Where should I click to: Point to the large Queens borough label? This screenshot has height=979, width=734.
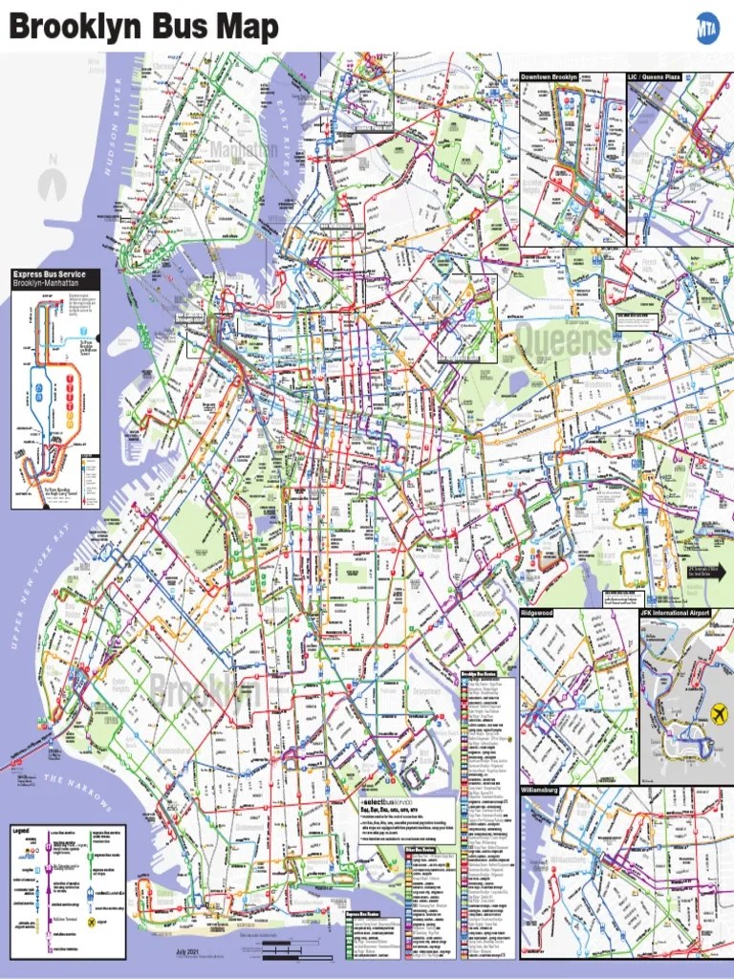pyautogui.click(x=564, y=340)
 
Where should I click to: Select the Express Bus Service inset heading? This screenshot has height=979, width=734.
pyautogui.click(x=49, y=275)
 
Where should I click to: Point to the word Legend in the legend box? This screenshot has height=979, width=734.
pyautogui.click(x=22, y=831)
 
